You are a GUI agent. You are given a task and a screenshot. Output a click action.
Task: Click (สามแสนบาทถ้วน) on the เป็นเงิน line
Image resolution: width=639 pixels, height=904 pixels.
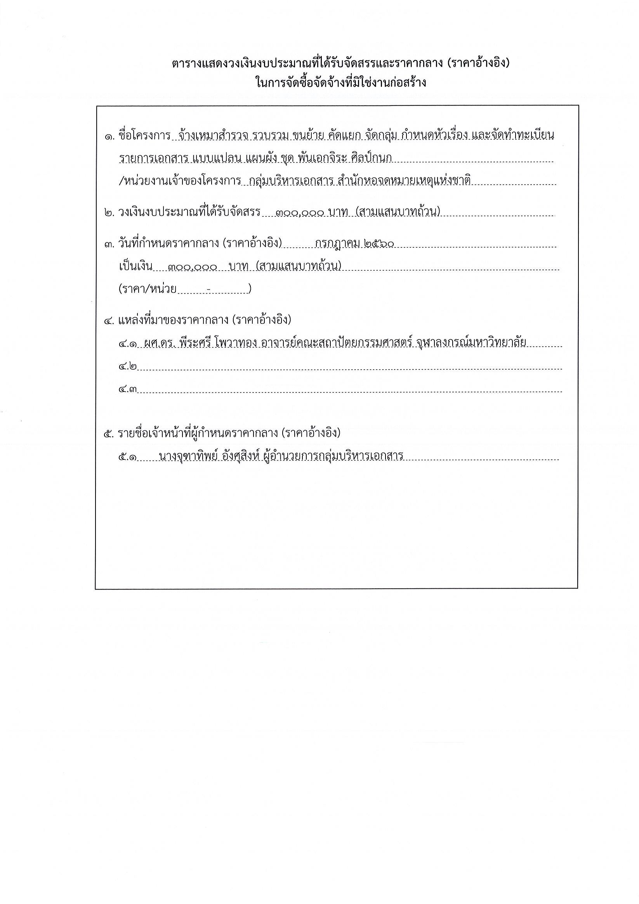click(298, 266)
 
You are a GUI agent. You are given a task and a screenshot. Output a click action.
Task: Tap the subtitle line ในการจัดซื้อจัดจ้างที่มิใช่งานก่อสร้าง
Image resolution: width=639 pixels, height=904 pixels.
click(340, 83)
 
